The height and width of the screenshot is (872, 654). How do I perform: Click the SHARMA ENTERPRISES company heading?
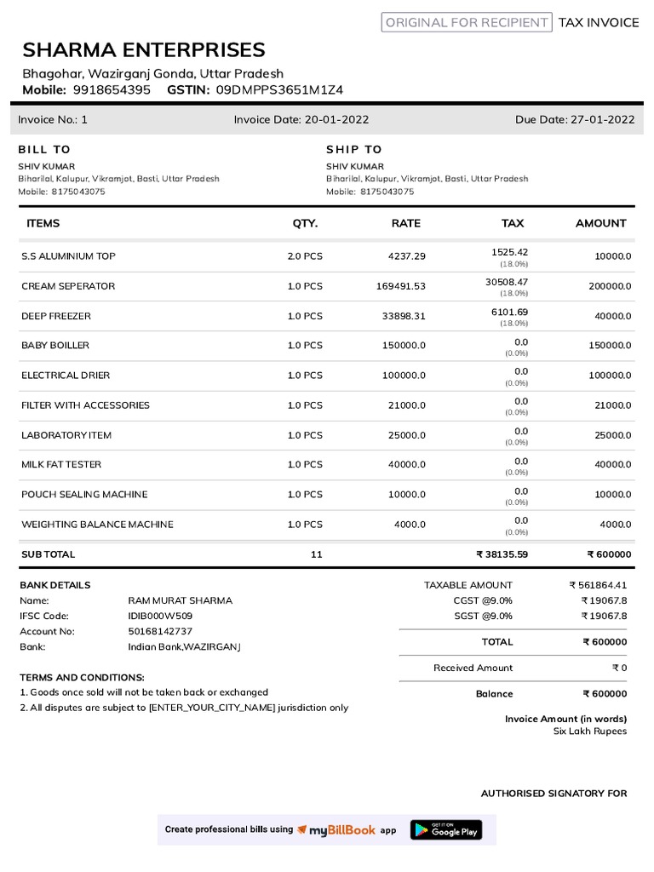[x=144, y=49]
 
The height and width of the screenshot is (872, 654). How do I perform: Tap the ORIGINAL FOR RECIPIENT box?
[x=467, y=23]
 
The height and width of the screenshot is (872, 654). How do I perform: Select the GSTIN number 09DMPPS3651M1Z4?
[x=279, y=89]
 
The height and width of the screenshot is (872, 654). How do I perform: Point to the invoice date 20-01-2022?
[x=336, y=120]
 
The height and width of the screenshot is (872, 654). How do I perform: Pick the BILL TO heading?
[x=44, y=149]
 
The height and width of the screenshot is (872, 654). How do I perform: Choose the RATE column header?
[x=405, y=223]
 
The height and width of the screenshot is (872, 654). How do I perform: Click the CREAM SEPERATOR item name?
[x=68, y=286]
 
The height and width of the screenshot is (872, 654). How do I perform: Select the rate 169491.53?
[x=400, y=286]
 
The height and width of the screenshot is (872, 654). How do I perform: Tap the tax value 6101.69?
[x=509, y=312]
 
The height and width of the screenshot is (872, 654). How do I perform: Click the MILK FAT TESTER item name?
[x=61, y=465]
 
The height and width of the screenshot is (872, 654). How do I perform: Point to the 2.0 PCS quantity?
[x=305, y=256]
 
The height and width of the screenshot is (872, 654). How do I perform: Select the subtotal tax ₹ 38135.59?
[x=502, y=554]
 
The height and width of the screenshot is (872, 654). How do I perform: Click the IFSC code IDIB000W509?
[x=160, y=616]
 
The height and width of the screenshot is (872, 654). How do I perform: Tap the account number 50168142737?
[x=160, y=631]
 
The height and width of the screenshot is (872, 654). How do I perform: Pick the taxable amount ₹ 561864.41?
[x=598, y=585]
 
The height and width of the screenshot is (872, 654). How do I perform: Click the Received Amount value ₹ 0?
[x=619, y=668]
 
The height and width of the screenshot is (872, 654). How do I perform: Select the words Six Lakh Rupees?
[x=589, y=731]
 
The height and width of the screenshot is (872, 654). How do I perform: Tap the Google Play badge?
[x=446, y=829]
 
